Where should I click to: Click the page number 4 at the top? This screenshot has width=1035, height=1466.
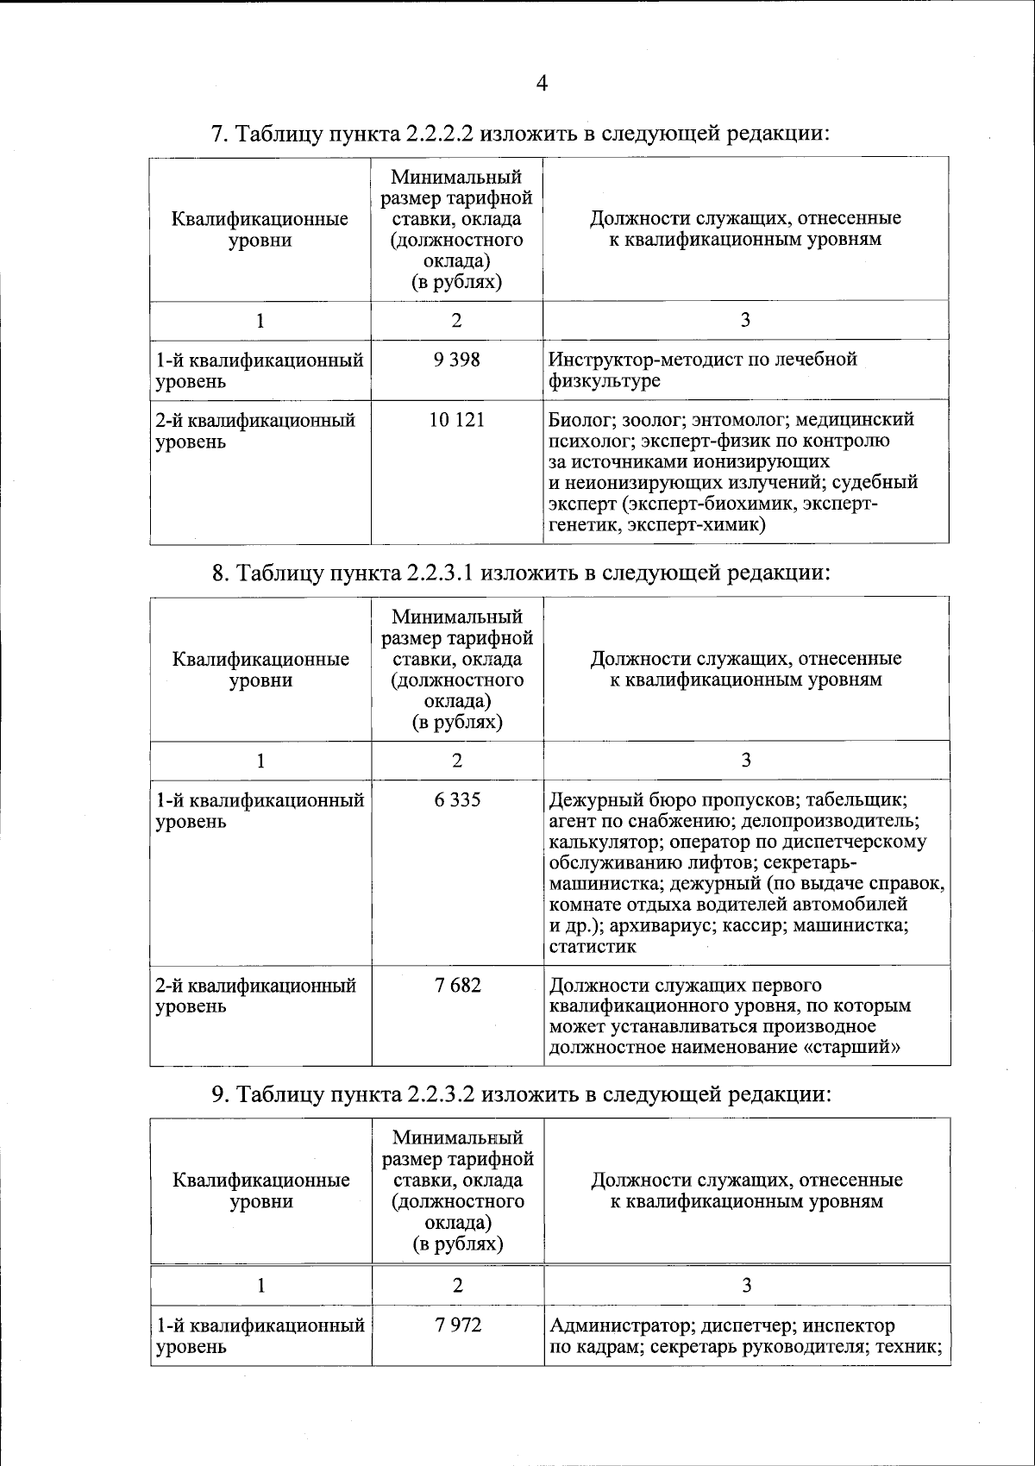[542, 84]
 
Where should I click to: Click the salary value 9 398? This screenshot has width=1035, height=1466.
[457, 360]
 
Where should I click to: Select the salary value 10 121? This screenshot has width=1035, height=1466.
[457, 421]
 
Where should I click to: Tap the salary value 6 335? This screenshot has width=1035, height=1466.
[457, 800]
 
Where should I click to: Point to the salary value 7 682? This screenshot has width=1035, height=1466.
[457, 985]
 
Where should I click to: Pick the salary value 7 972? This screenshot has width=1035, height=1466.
[457, 1325]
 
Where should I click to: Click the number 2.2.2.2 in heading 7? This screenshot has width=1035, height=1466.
[438, 135]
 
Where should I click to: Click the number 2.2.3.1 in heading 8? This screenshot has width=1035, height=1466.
[438, 573]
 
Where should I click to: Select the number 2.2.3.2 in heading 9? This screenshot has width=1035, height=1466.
[438, 1095]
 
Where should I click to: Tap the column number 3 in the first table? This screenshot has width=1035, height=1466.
[745, 321]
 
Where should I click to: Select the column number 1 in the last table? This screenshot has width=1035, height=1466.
[260, 1286]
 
